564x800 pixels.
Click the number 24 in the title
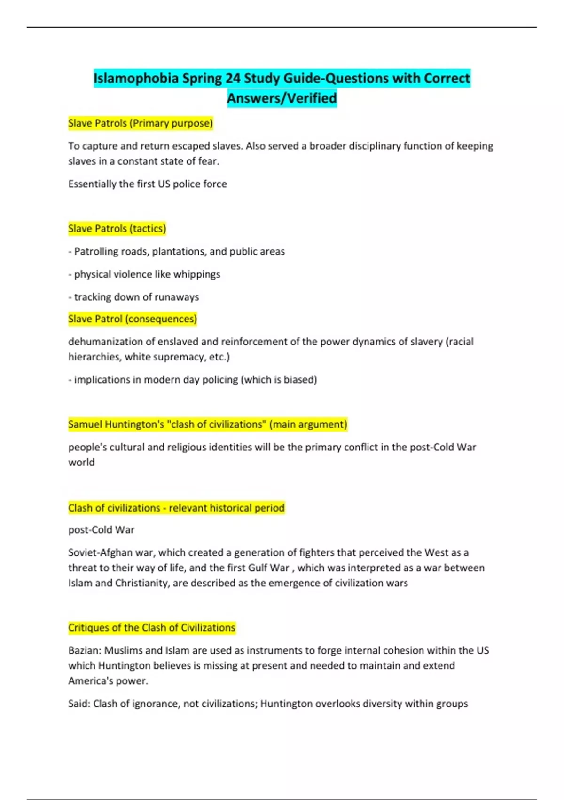coord(233,78)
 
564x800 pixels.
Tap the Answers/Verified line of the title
coord(282,98)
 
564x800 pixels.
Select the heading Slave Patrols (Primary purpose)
coord(141,123)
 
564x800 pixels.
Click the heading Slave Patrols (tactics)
coord(117,229)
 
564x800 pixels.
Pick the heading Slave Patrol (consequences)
coord(133,319)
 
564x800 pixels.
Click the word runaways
coord(177,297)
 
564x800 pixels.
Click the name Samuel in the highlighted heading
coord(85,424)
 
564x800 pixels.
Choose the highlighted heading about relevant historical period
coord(176,508)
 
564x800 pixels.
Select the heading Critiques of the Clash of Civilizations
coord(151,628)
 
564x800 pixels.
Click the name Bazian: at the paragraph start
coord(85,651)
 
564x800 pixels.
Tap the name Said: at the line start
coord(79,704)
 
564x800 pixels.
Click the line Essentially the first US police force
coord(148,184)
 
